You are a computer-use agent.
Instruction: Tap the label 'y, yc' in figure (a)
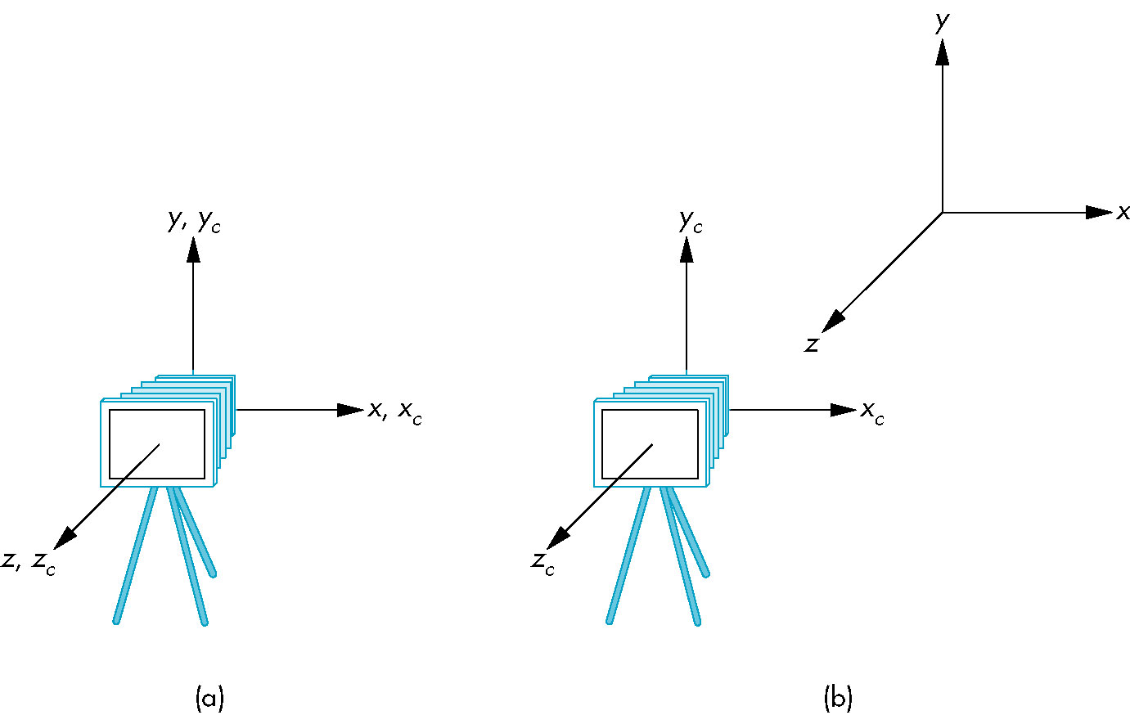coord(194,222)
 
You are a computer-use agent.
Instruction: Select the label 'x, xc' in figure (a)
coord(395,411)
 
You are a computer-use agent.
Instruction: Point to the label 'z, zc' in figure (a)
coord(29,562)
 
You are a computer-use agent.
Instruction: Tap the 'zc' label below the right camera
coord(542,562)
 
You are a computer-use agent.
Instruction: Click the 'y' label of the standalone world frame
coord(943,22)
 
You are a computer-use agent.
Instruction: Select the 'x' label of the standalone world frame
coord(1123,213)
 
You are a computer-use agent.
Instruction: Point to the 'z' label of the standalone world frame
coord(811,345)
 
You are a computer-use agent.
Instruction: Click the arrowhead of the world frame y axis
coord(943,52)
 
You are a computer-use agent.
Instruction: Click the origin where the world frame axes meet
coord(943,213)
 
